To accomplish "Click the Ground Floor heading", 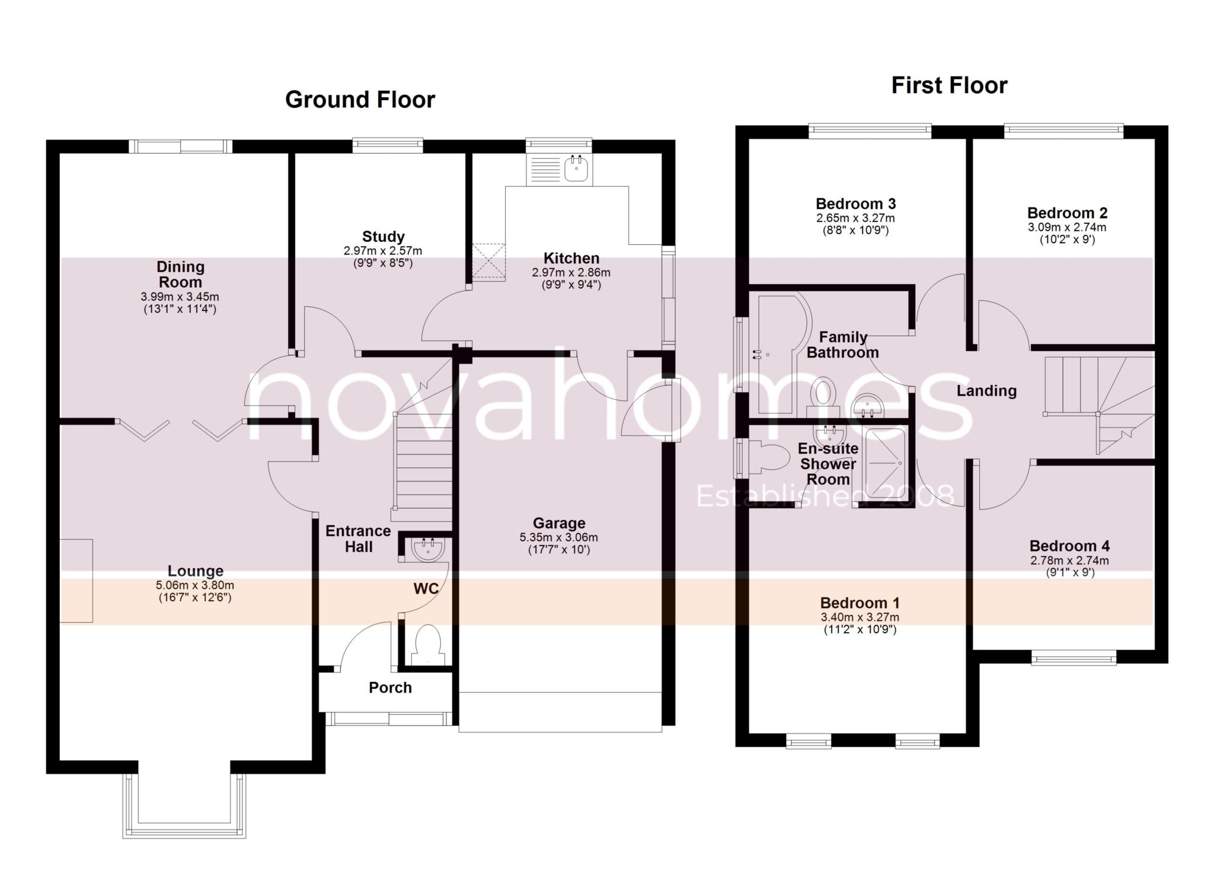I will click(360, 99).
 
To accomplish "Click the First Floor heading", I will click(949, 85).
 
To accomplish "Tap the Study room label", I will click(383, 237).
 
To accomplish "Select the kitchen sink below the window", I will click(576, 168).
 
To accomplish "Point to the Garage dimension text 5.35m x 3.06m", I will click(558, 537).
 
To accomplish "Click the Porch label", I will click(389, 687).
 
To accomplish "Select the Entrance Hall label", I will click(358, 538).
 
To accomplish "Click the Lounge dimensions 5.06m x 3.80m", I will click(195, 585).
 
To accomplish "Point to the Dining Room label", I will click(180, 274).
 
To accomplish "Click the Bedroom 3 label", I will click(855, 204).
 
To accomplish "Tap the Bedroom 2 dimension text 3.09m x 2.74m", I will click(1066, 227).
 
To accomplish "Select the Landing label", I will click(986, 390).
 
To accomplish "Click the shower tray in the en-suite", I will click(885, 463).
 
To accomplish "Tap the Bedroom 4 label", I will click(1069, 546).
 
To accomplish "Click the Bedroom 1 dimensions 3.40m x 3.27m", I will click(860, 617).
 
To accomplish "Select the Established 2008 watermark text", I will click(825, 496).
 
